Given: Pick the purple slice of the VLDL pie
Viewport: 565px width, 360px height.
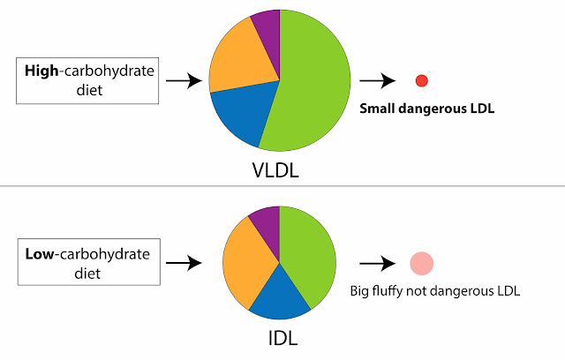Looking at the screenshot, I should pos(267,26).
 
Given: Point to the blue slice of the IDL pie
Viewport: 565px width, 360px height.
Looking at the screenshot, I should pos(279,296).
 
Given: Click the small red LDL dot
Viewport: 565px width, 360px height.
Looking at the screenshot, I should pos(421,80).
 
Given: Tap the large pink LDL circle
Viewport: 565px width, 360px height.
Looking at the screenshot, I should pos(421,263).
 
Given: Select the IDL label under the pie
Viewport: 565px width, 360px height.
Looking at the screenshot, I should pos(278,339).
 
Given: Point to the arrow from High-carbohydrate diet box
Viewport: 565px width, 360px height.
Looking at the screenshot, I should pos(183,81).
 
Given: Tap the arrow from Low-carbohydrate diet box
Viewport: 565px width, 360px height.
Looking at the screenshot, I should pos(183,263).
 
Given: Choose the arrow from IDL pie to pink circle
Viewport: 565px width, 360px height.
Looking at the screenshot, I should pos(378,263).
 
